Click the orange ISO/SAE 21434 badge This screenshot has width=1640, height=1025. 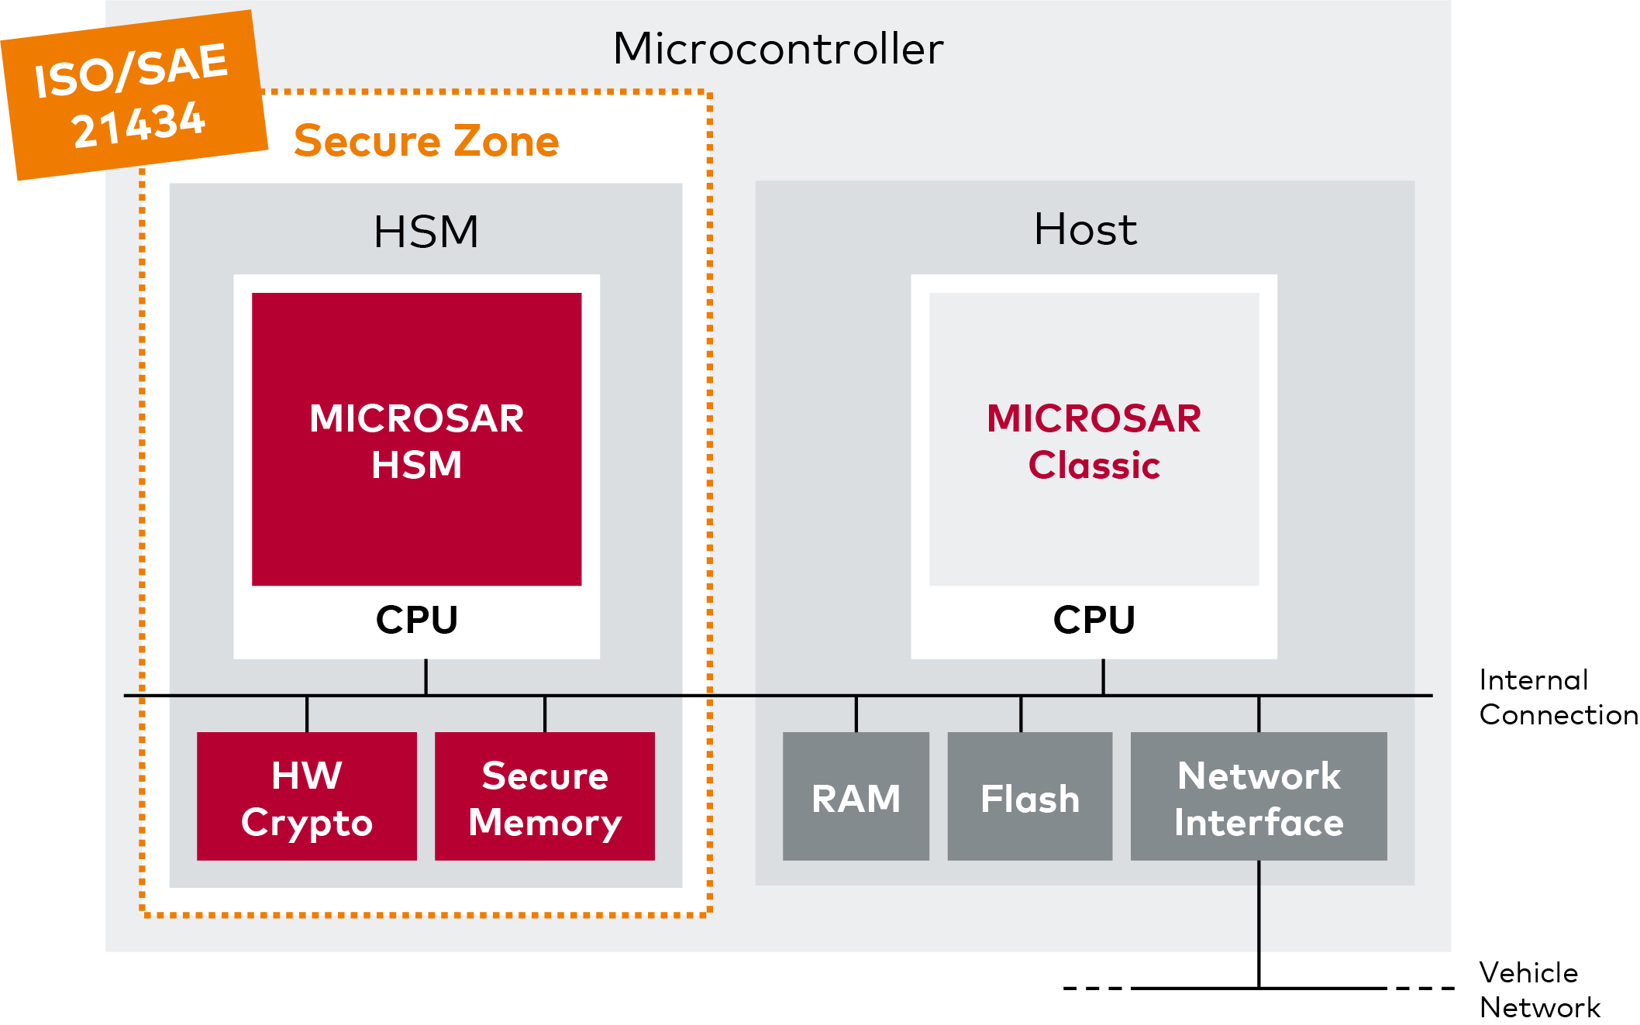tap(135, 95)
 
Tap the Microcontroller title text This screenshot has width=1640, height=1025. tap(778, 49)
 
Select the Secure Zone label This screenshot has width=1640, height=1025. tap(426, 141)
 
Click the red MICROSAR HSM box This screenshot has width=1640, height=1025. tap(417, 439)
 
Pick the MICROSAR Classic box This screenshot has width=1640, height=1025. tap(1094, 439)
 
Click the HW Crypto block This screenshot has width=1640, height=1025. tap(307, 796)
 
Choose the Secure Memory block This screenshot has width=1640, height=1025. tap(545, 796)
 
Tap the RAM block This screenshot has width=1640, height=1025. tap(856, 796)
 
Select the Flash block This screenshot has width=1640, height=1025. tap(1030, 796)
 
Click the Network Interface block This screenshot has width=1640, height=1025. tap(1259, 796)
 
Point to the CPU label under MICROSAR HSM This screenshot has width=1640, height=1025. tap(417, 620)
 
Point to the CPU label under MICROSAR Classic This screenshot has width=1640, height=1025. tap(1094, 620)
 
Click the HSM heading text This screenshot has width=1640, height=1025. tap(426, 232)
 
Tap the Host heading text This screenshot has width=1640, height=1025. tap(1085, 229)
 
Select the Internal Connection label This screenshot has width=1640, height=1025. tap(1558, 697)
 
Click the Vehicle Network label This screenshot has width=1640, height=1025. tap(1539, 990)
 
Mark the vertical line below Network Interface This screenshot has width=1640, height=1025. tap(1259, 924)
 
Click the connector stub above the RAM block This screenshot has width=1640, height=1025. tap(856, 714)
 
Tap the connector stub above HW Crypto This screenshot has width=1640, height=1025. tap(307, 714)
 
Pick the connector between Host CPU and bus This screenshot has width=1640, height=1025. tap(1103, 677)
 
